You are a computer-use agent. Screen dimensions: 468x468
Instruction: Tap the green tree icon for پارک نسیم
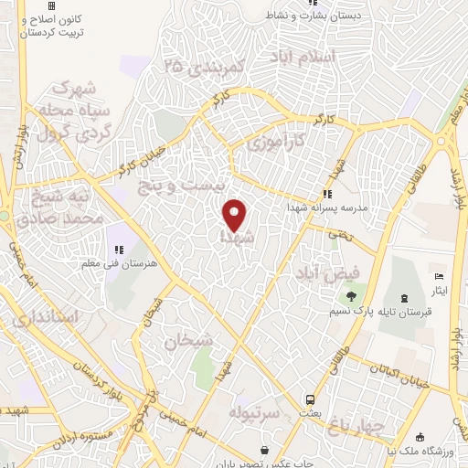tap(350, 295)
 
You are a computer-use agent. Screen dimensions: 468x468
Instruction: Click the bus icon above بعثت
tap(311, 399)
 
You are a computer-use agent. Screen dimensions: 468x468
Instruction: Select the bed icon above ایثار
tap(439, 276)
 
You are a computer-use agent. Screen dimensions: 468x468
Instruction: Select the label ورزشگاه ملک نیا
tap(420, 452)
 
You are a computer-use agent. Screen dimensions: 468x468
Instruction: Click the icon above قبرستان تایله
tap(405, 297)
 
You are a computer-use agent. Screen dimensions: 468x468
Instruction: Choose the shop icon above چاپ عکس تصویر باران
tap(264, 450)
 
